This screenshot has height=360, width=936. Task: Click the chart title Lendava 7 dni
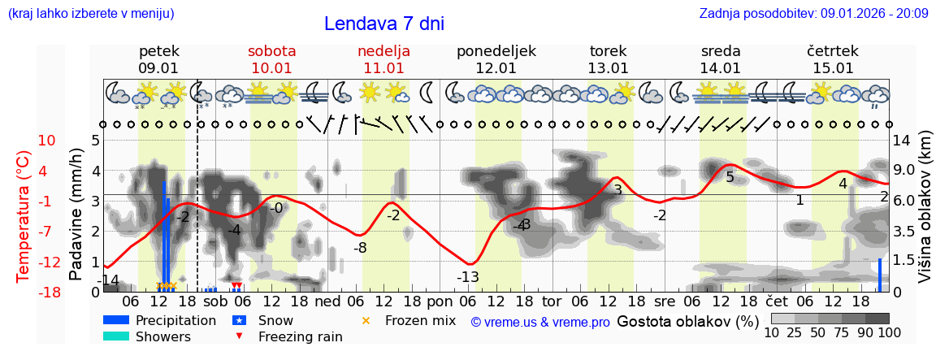(383, 24)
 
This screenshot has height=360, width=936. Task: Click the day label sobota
(271, 50)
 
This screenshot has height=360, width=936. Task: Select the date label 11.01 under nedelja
(383, 68)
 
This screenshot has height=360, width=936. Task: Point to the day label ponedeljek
(496, 50)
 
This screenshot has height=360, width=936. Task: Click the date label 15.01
(833, 68)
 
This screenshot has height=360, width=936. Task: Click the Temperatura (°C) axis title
(25, 215)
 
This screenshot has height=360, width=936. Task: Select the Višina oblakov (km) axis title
(924, 215)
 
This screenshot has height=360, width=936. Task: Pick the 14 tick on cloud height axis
(902, 141)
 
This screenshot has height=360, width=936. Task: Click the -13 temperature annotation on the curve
(467, 277)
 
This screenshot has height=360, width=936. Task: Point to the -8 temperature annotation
(359, 247)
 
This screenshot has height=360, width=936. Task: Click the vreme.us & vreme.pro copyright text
(540, 322)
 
